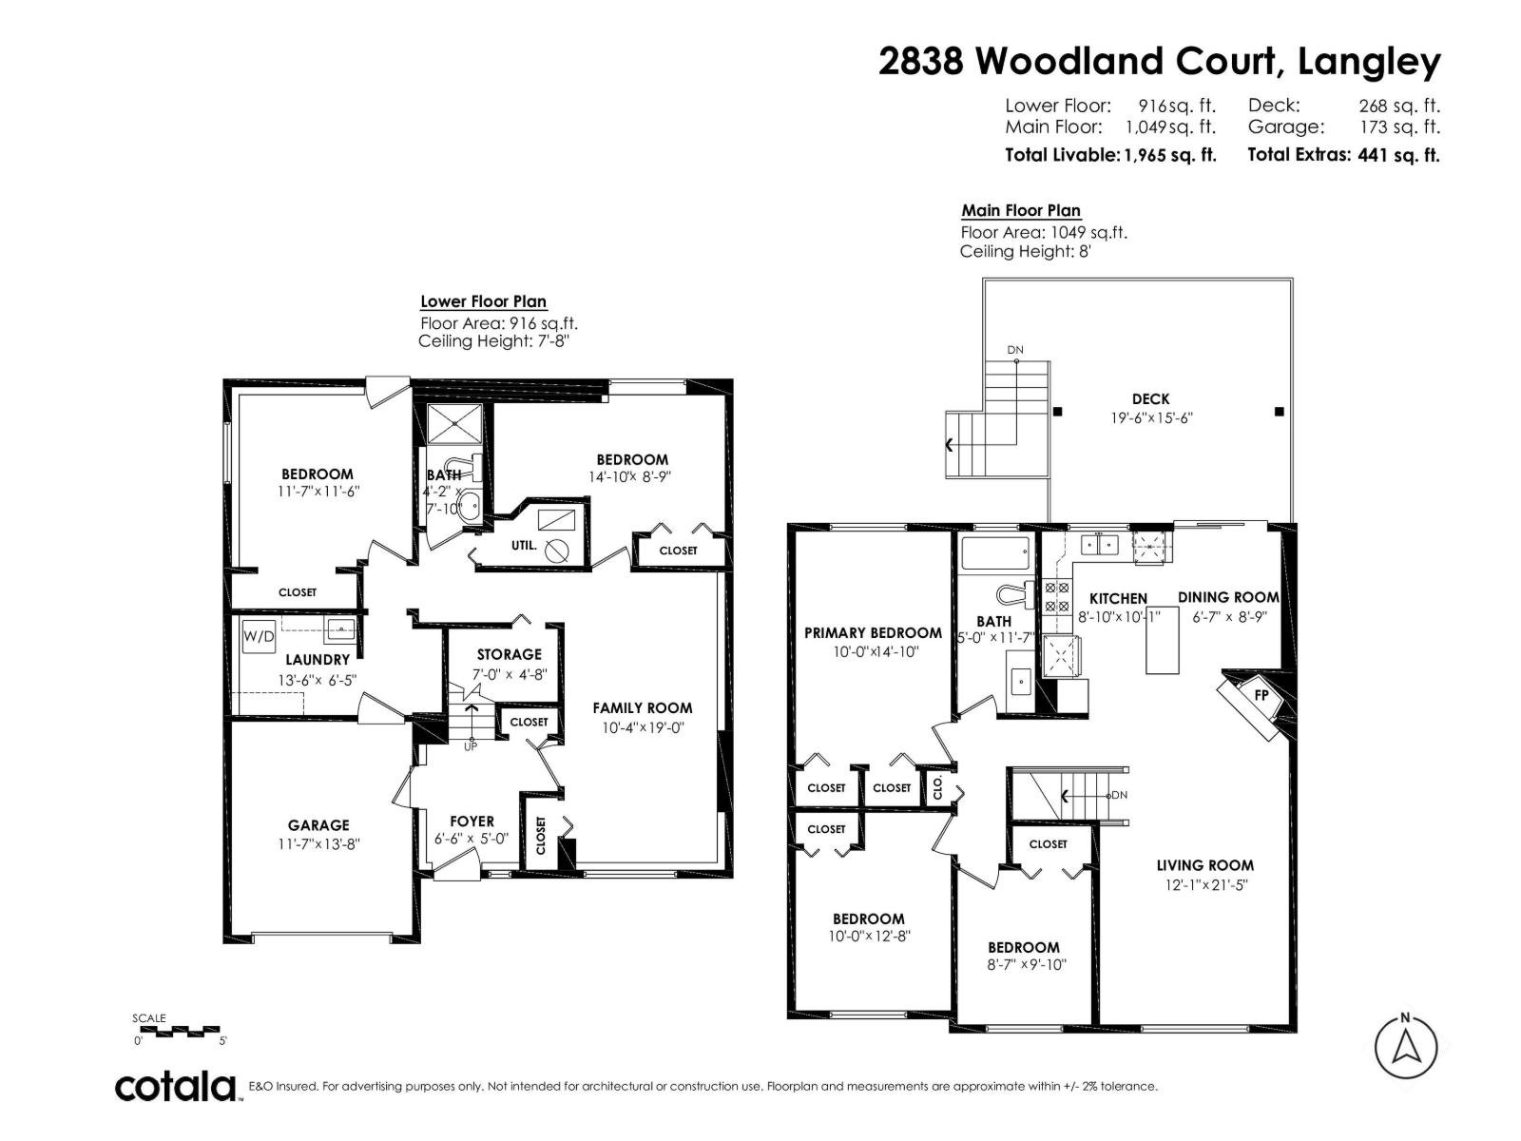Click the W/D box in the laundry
259,635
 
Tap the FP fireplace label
1261,694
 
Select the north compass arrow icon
1405,1046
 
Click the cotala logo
177,1086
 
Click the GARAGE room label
318,825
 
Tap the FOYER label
472,822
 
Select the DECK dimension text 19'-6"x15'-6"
1150,417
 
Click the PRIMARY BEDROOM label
873,632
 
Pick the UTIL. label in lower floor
524,546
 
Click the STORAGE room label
509,654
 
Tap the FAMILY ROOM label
642,707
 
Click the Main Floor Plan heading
1020,210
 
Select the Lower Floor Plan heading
483,301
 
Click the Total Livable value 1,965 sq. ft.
1169,155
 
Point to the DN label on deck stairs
1015,350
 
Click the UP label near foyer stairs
470,746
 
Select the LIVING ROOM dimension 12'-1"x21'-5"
1204,884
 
